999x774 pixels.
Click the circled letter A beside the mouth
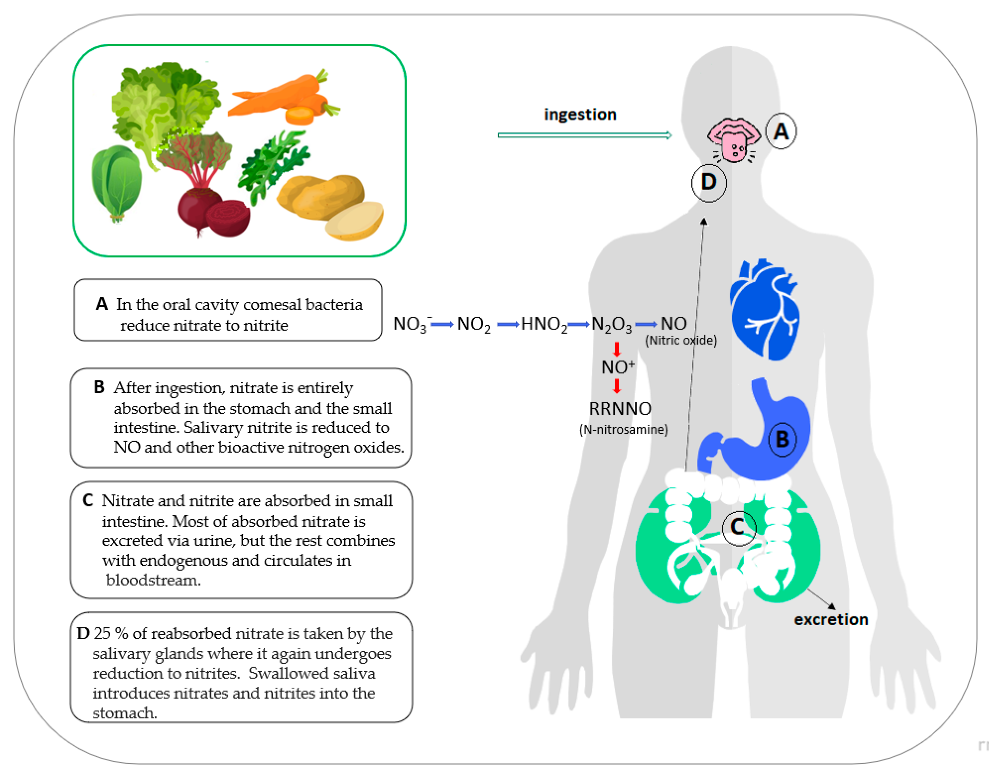(x=781, y=131)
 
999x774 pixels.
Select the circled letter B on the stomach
(x=783, y=439)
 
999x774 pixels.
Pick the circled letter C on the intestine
(x=739, y=528)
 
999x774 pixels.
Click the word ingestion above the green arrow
(x=580, y=114)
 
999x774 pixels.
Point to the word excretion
(x=831, y=619)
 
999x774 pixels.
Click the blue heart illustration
(x=763, y=310)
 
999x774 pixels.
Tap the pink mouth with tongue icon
(x=734, y=139)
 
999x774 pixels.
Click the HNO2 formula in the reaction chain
(x=544, y=324)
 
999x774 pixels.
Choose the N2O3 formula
(x=611, y=324)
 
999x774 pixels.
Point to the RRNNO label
(x=620, y=409)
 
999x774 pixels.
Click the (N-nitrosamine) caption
(x=623, y=430)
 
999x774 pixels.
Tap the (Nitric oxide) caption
(x=681, y=340)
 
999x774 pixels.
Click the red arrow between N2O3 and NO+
(x=617, y=349)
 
